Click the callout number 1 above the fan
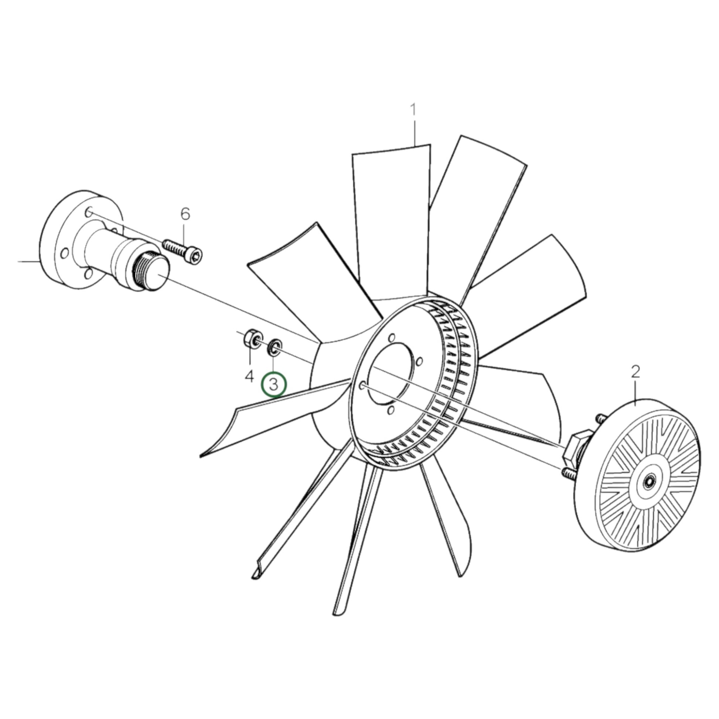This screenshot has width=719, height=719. pyautogui.click(x=413, y=110)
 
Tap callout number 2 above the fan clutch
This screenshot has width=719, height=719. pyautogui.click(x=635, y=372)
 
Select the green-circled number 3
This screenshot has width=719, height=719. pyautogui.click(x=274, y=385)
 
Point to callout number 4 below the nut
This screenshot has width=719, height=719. pyautogui.click(x=249, y=376)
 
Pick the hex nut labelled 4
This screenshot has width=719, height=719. pyautogui.click(x=252, y=338)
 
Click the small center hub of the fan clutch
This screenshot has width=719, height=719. pyautogui.click(x=649, y=483)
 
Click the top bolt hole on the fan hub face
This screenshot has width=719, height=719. pyautogui.click(x=391, y=338)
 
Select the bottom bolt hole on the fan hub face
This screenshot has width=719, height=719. pyautogui.click(x=391, y=410)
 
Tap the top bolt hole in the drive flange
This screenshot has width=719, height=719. pyautogui.click(x=89, y=212)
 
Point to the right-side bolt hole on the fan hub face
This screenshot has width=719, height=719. pyautogui.click(x=419, y=361)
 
